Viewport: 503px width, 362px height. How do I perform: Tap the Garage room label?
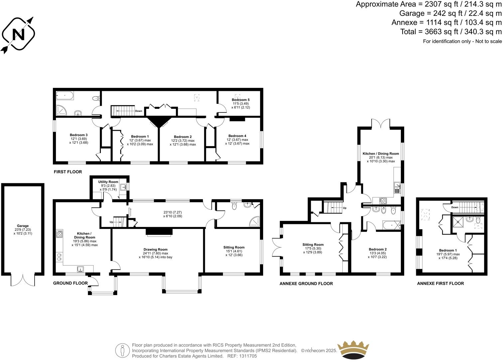[23, 226]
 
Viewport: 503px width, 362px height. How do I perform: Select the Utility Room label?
[108, 182]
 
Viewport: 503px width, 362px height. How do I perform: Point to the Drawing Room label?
[155, 250]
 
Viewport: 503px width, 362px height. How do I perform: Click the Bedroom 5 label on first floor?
[241, 100]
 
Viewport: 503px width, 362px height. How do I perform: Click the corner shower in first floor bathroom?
[62, 110]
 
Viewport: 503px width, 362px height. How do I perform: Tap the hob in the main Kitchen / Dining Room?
[60, 234]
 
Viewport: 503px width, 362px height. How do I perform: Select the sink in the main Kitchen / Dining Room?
[80, 269]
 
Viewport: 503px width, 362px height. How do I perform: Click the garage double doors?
[23, 280]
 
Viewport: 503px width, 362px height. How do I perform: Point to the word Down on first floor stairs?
[139, 111]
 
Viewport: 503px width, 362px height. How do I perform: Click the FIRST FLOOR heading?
[68, 172]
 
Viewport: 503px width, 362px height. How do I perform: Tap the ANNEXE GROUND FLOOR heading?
[306, 284]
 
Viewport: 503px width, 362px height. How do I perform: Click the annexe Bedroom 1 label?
[447, 251]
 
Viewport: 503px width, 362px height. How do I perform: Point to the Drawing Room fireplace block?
[159, 232]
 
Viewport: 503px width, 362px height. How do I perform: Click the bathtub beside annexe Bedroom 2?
[392, 225]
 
